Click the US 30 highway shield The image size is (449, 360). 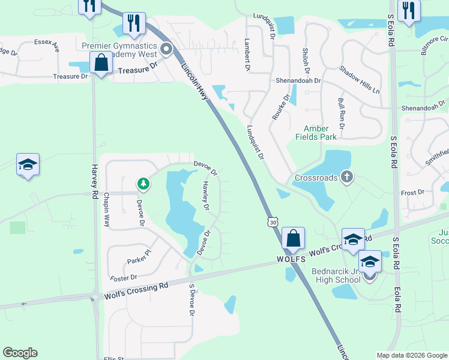[273, 222]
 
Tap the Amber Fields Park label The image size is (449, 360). [316, 133]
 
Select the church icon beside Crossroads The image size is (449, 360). [346, 177]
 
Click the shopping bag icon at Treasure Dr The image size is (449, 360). [101, 62]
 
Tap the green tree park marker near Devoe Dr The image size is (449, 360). [142, 182]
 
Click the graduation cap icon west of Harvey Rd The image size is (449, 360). [27, 164]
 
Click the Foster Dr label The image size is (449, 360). [124, 278]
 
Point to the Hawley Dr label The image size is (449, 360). [205, 196]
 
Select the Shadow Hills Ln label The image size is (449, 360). [360, 79]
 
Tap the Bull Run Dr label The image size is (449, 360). [341, 114]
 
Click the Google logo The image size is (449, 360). [20, 353]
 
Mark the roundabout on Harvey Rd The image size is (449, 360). [95, 296]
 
